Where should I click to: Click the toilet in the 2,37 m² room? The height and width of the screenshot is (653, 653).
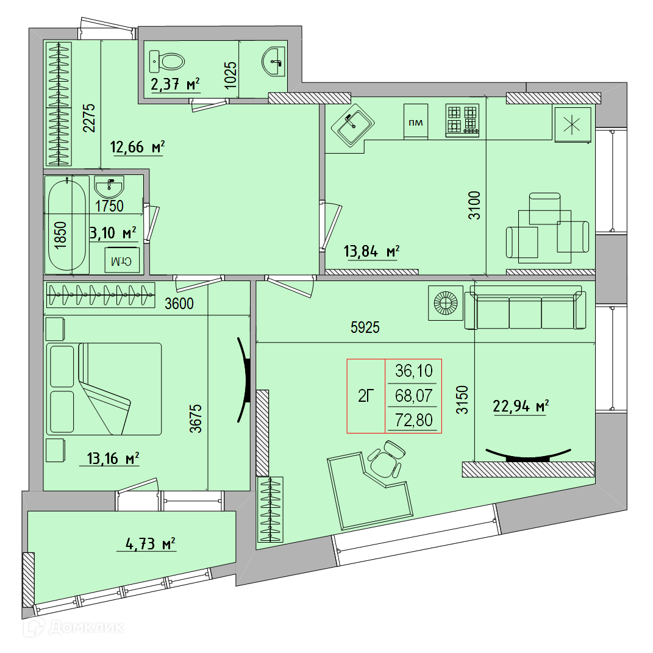[166, 62]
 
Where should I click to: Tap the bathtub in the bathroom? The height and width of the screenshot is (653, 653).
[66, 225]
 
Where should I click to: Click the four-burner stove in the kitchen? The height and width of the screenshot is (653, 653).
[462, 120]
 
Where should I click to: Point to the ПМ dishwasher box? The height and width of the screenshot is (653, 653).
[416, 121]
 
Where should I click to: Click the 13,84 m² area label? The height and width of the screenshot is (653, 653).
[371, 252]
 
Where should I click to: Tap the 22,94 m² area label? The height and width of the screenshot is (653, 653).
[521, 405]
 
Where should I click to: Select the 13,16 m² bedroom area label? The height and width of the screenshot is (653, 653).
[113, 459]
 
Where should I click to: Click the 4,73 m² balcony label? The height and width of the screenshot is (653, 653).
[151, 543]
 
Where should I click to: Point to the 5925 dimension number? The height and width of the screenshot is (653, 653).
[365, 327]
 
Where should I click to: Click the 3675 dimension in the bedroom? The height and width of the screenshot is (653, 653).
[195, 418]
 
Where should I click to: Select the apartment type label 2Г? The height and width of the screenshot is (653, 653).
[366, 396]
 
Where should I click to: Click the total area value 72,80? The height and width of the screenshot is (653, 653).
[414, 420]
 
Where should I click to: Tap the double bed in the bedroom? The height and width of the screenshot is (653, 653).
[104, 389]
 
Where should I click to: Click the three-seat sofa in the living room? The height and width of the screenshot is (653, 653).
[525, 307]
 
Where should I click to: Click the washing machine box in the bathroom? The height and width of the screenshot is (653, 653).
[121, 260]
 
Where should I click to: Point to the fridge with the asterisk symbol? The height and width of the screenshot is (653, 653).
[572, 124]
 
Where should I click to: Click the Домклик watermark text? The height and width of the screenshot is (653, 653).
[86, 627]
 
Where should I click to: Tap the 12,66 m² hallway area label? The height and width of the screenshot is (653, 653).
[137, 147]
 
